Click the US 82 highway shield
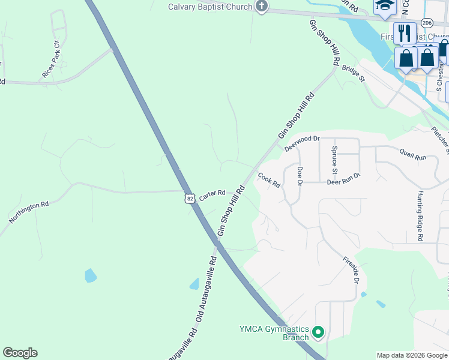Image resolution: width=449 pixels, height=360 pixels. tap(190, 198)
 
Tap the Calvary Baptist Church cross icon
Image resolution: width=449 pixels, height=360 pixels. tap(261, 7)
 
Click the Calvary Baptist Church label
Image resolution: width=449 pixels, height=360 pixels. tap(209, 7)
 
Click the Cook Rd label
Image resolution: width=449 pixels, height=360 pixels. tap(270, 180)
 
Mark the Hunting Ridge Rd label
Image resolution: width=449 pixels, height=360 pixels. tap(420, 217)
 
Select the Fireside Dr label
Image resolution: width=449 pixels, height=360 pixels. tap(351, 269)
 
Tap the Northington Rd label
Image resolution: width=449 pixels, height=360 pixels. tap(29, 213)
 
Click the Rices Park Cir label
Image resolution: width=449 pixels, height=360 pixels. tap(51, 59)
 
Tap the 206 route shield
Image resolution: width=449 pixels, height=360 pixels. tap(427, 22)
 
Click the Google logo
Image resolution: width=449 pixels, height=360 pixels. tap(20, 353)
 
